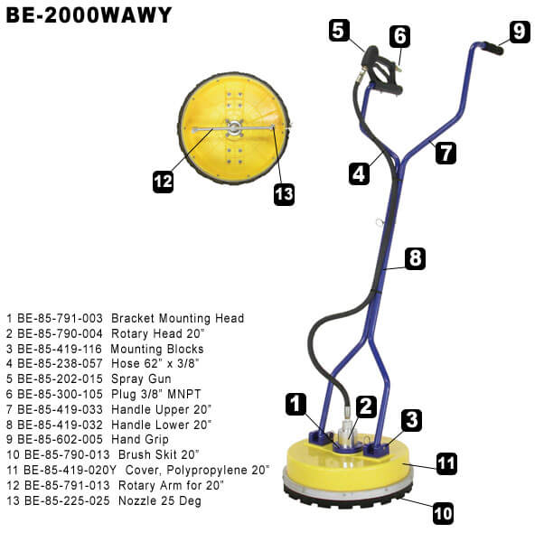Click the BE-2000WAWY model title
click(89, 15)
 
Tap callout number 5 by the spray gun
click(339, 31)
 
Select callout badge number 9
click(520, 32)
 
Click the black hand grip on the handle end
click(493, 48)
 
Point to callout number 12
click(163, 182)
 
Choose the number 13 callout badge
click(284, 194)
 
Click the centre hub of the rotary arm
click(234, 127)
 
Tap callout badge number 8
click(415, 258)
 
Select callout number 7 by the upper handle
click(446, 154)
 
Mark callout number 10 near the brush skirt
click(444, 514)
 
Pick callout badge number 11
click(446, 463)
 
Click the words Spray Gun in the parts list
click(141, 379)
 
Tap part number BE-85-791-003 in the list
click(60, 318)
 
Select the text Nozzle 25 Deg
click(160, 501)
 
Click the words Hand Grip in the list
click(140, 440)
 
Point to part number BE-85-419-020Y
click(70, 471)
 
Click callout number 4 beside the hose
click(359, 173)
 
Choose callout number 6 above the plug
click(399, 36)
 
